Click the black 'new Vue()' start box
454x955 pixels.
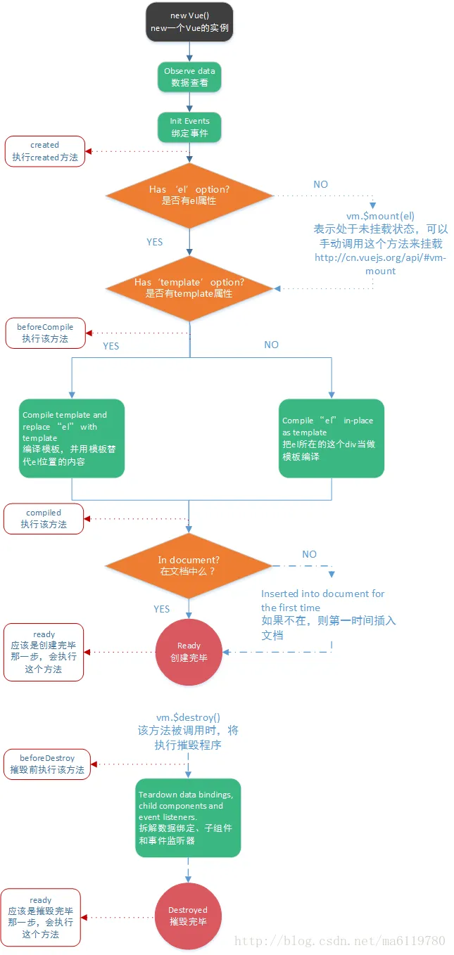pyautogui.click(x=189, y=21)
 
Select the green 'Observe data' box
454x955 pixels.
pyautogui.click(x=189, y=77)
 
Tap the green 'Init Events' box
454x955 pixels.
pyautogui.click(x=189, y=127)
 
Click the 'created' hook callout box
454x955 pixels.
pyautogui.click(x=45, y=151)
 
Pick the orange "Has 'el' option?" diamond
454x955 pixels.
pyautogui.click(x=189, y=195)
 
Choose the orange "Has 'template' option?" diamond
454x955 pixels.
pyautogui.click(x=189, y=288)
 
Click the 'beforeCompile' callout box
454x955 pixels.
pyautogui.click(x=45, y=333)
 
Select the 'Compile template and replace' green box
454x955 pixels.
pyautogui.click(x=72, y=438)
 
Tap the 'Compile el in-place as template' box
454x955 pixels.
pyautogui.click(x=332, y=438)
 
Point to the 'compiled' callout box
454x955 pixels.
pyautogui.click(x=44, y=519)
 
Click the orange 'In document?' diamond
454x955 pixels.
pyautogui.click(x=189, y=565)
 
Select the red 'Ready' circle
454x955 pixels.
pyautogui.click(x=189, y=652)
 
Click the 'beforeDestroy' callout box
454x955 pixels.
pyautogui.click(x=47, y=764)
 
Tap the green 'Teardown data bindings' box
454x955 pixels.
pyautogui.click(x=188, y=817)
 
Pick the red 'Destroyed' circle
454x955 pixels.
pyautogui.click(x=188, y=916)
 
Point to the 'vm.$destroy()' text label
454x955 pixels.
pyautogui.click(x=188, y=717)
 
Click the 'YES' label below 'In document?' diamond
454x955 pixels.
pyautogui.click(x=162, y=609)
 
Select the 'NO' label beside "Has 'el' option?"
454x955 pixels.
pyautogui.click(x=320, y=184)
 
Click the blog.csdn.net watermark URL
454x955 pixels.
pyautogui.click(x=339, y=940)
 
